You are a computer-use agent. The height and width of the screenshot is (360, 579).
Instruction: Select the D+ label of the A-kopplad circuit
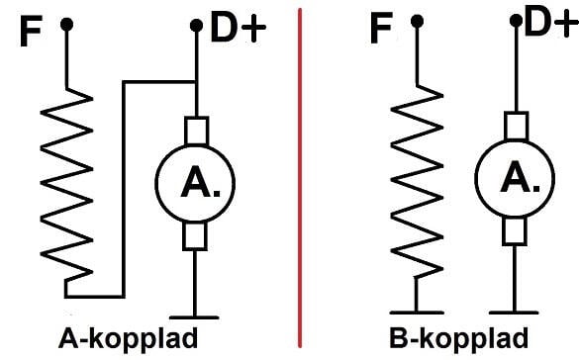[x=238, y=31]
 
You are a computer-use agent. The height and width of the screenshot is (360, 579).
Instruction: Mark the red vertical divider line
[x=299, y=178]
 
